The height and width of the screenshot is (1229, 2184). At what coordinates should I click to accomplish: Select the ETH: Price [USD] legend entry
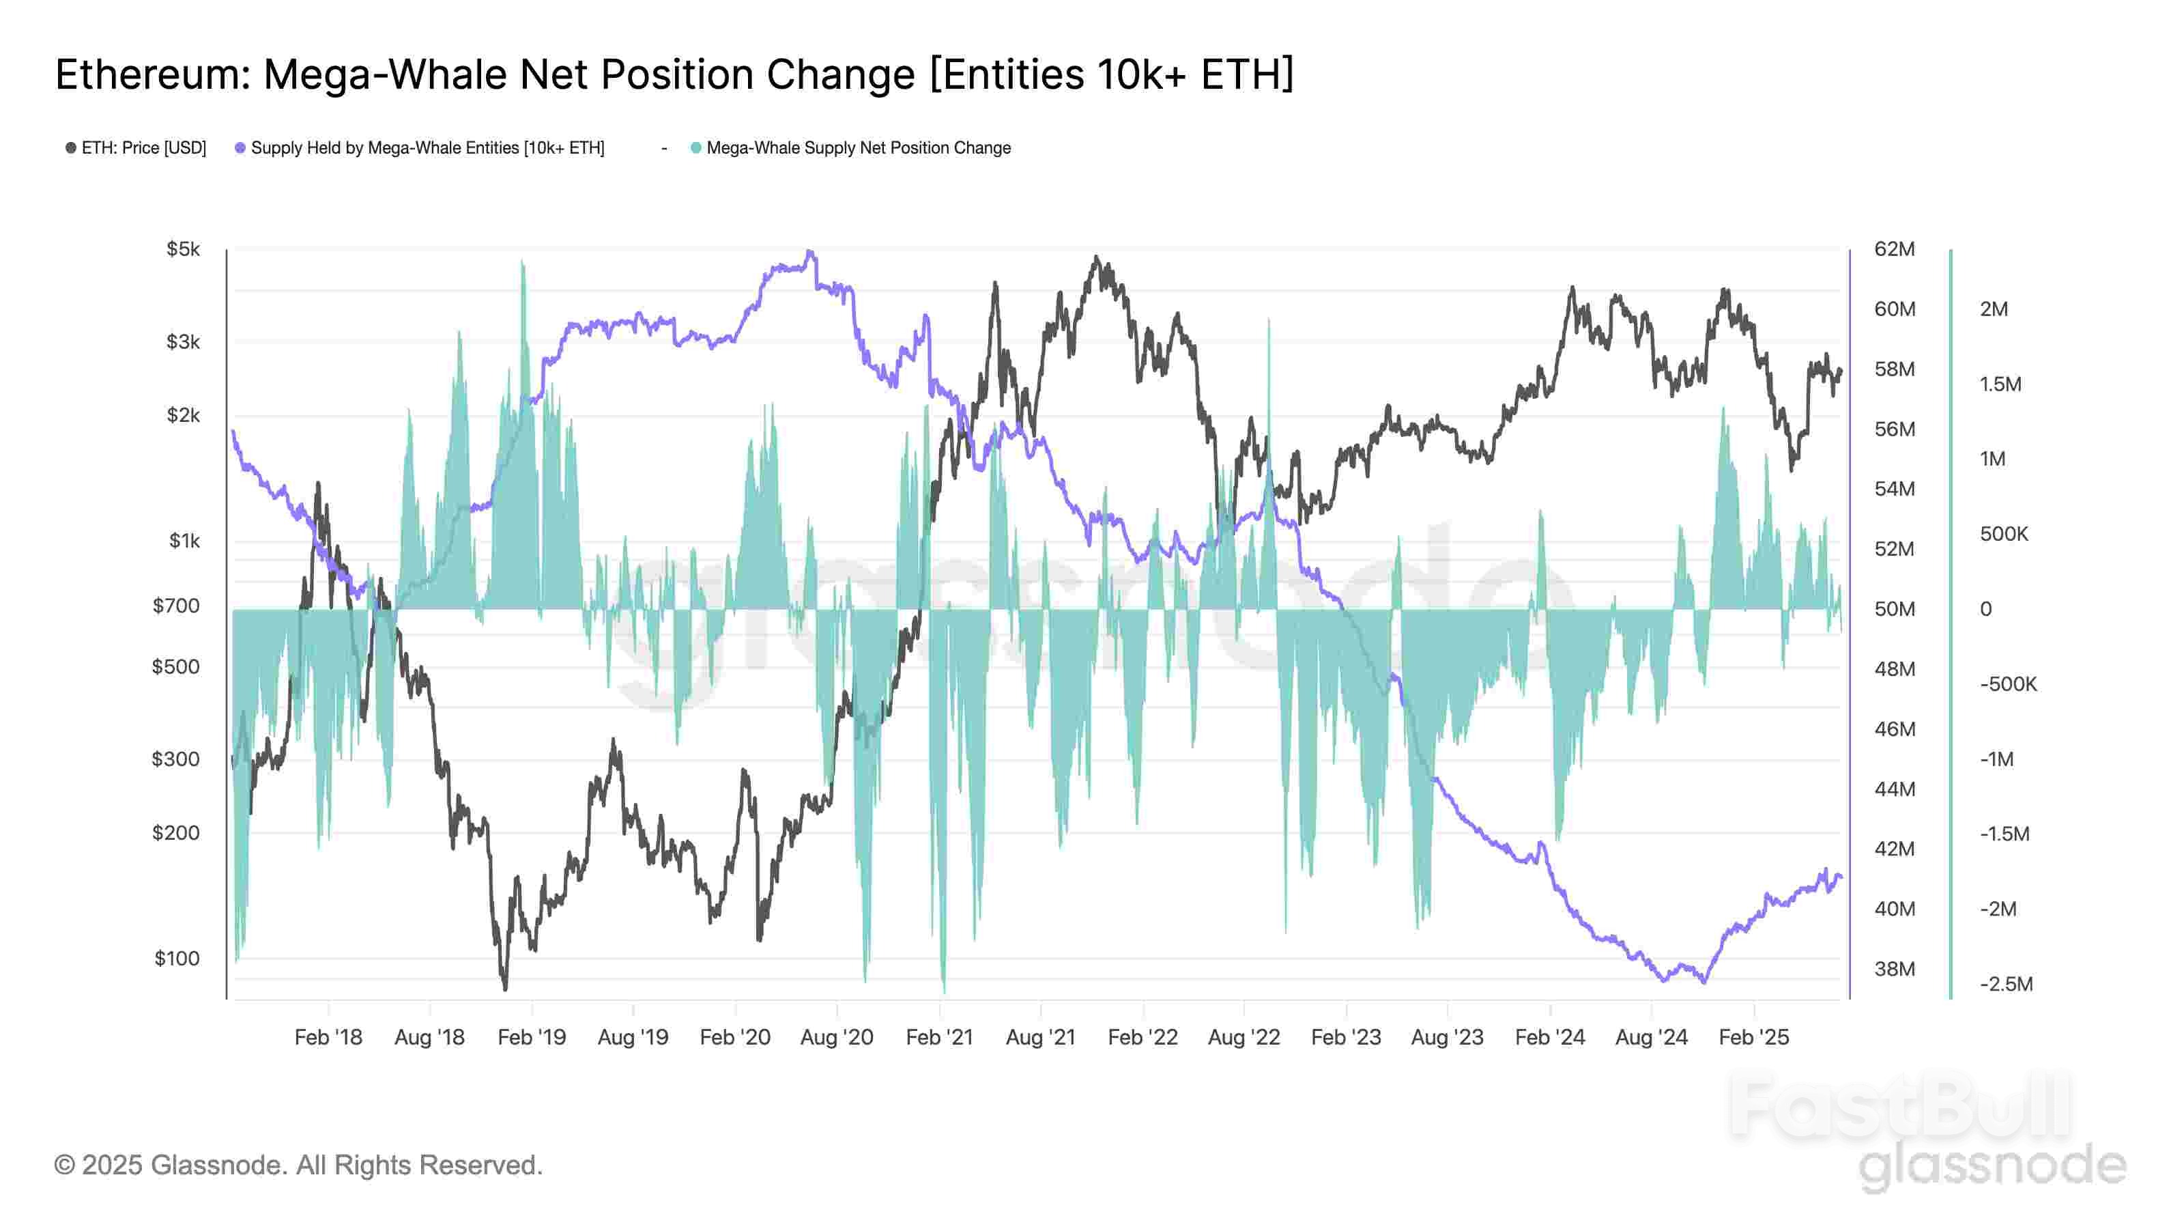tap(143, 148)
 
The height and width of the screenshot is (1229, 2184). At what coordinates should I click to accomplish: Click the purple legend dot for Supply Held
tap(241, 148)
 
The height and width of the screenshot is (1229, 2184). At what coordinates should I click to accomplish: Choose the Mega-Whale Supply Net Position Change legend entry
tap(858, 148)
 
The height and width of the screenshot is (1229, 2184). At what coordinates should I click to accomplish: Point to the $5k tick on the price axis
tap(183, 249)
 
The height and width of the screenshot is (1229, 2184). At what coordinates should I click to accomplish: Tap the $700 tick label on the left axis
tap(175, 606)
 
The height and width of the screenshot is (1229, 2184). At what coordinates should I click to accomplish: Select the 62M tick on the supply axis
tap(1894, 249)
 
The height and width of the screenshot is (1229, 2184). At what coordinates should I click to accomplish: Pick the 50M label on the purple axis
tap(1894, 609)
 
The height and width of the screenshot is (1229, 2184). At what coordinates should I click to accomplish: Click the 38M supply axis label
tap(1894, 970)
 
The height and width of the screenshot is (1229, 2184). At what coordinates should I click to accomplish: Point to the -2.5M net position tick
tap(2006, 985)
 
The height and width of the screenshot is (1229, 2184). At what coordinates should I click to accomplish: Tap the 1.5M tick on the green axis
tap(2000, 384)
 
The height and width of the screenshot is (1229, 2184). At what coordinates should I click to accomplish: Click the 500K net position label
tap(2003, 535)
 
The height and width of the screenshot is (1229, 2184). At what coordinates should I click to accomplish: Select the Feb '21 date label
tap(939, 1038)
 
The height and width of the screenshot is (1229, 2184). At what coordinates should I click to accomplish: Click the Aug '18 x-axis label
tap(430, 1038)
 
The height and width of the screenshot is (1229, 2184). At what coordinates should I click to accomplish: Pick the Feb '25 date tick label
tap(1753, 1038)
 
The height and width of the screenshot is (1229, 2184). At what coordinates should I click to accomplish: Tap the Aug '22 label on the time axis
tap(1244, 1038)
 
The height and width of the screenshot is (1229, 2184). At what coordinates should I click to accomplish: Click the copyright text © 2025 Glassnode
tap(298, 1166)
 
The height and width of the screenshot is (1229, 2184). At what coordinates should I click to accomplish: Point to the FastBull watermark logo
tap(1899, 1107)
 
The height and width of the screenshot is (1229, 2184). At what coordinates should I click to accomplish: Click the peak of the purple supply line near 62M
tap(809, 252)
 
